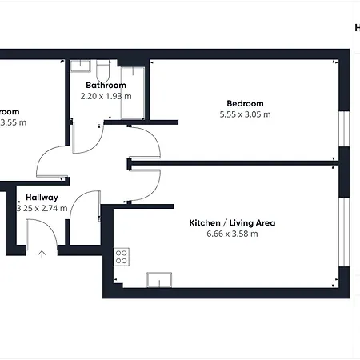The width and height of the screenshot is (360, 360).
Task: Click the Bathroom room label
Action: (106, 86)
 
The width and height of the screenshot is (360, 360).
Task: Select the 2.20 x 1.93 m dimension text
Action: (106, 96)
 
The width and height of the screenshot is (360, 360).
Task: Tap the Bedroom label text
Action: (245, 104)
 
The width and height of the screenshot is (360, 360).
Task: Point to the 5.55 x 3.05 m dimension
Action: (245, 114)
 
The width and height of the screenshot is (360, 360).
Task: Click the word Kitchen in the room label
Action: (204, 223)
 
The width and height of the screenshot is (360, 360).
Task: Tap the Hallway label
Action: (42, 198)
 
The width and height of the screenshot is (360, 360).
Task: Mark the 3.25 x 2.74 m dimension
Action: (42, 208)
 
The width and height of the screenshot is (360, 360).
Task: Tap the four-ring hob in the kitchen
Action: (122, 257)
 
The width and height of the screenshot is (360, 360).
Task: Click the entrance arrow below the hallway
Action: (42, 254)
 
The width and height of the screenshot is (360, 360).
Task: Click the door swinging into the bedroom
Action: (144, 140)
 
